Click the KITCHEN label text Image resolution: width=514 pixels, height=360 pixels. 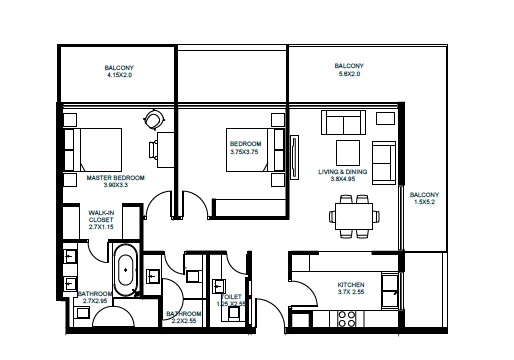pos(351,285)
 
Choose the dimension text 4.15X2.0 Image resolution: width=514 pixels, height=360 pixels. pos(119,74)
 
